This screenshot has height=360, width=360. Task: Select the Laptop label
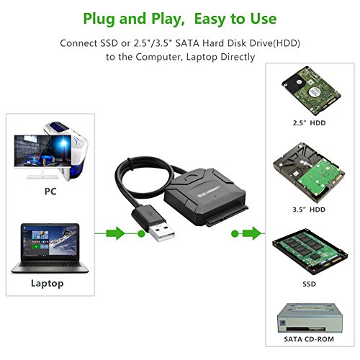tap(47, 283)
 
